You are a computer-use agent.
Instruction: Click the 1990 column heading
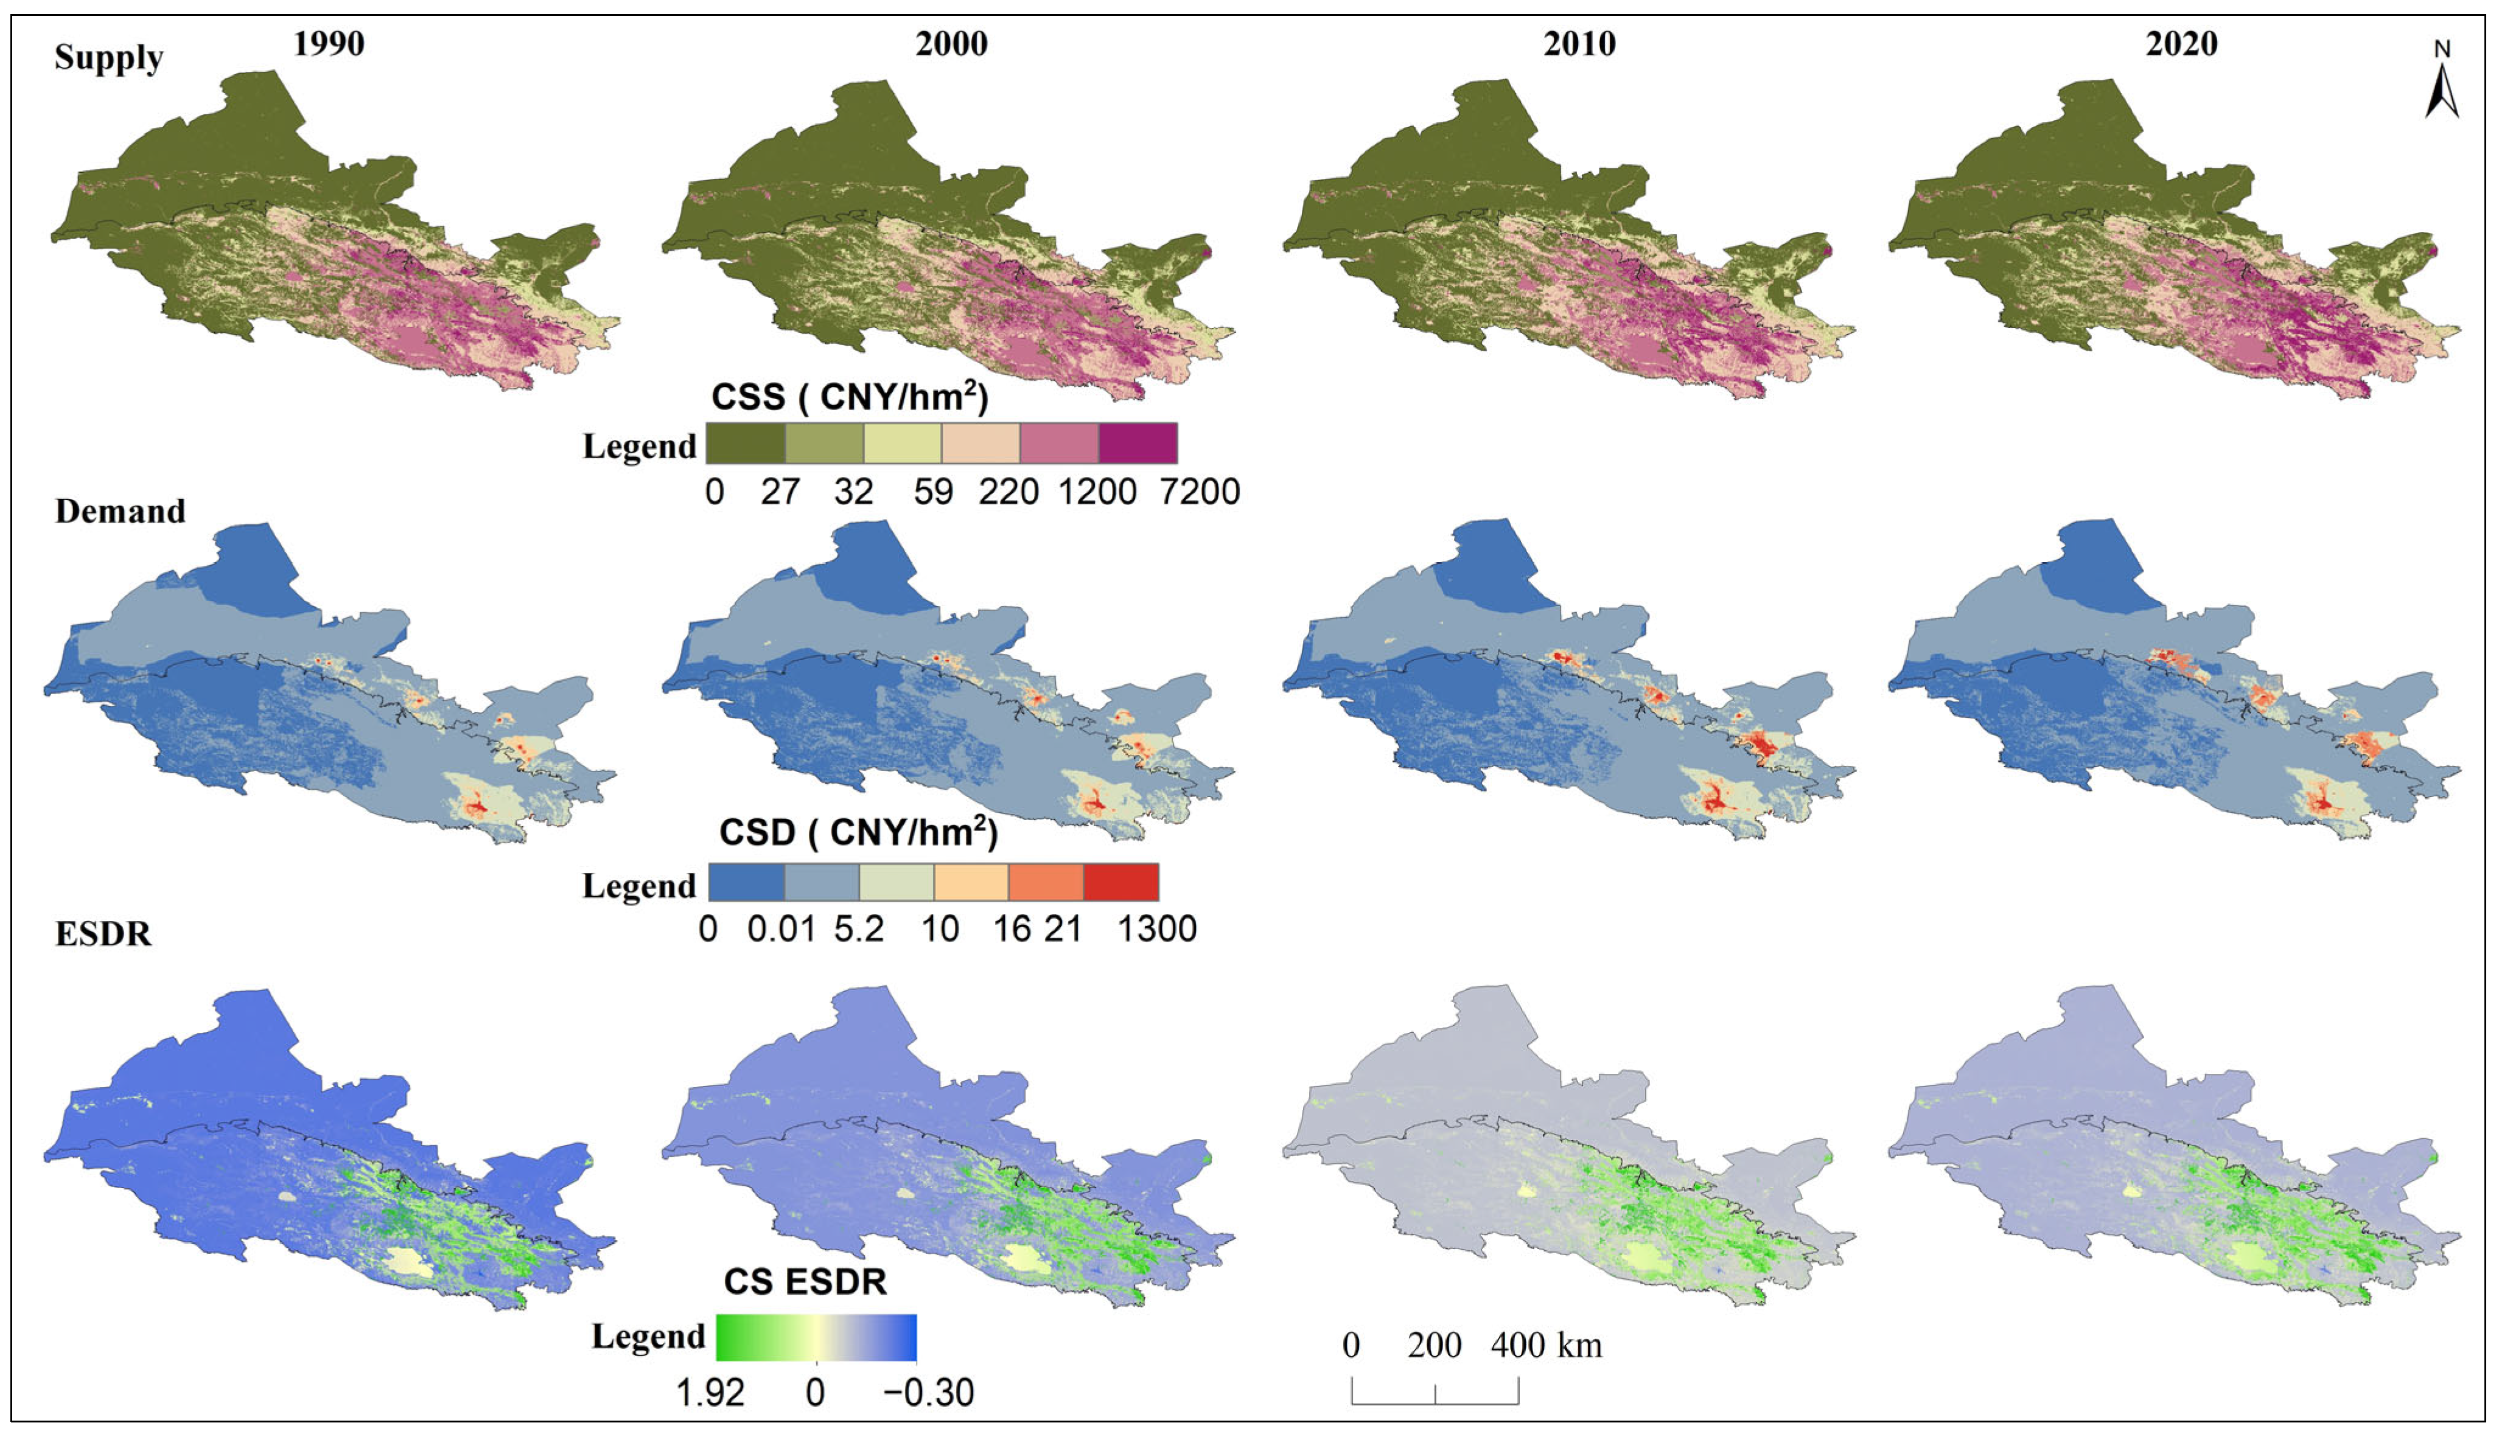329,44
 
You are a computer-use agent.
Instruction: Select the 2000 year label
951,44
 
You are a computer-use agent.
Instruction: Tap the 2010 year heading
1579,44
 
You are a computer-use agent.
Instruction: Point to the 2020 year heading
2182,44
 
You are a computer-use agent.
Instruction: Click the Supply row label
108,58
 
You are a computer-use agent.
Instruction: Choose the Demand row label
120,511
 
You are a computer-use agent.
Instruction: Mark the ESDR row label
103,934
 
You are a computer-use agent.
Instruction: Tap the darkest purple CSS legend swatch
1138,443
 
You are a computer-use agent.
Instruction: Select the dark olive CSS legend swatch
746,443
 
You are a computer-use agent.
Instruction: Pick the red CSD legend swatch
1121,882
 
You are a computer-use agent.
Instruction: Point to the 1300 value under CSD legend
1156,929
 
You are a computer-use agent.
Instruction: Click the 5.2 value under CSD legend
858,929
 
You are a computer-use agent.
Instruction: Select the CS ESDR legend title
805,1281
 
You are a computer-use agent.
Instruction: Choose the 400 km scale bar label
1545,1345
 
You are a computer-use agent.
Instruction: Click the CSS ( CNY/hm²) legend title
849,397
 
